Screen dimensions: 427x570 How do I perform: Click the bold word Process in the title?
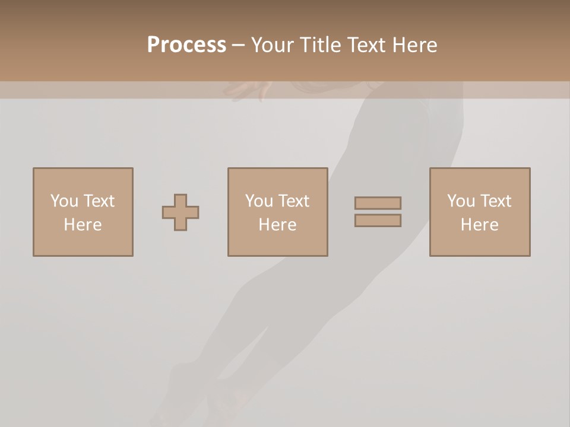[x=186, y=44]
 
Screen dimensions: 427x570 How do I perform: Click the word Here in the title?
[x=415, y=45]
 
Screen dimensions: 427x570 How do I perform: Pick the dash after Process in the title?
[x=238, y=46]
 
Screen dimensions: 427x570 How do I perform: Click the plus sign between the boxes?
[x=180, y=212]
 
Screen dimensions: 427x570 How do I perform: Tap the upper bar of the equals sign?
[x=378, y=203]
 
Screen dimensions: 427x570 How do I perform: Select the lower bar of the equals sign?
[x=378, y=221]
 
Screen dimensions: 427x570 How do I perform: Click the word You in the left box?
[x=64, y=201]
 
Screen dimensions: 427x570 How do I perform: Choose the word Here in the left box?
[x=83, y=225]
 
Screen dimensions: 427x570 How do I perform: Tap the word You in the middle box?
[x=259, y=201]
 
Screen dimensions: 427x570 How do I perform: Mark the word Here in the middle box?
[x=277, y=225]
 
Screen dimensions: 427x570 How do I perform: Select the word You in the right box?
[x=461, y=201]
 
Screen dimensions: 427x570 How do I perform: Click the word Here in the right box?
[x=479, y=225]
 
